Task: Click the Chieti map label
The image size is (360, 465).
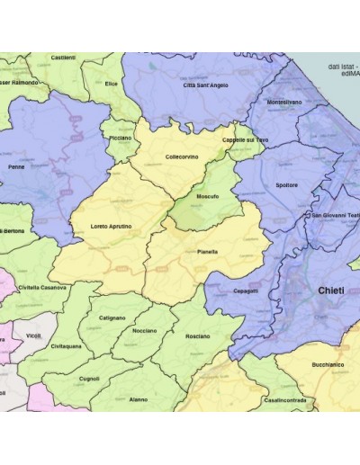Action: [x=330, y=291]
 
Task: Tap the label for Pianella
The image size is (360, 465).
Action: [x=207, y=253]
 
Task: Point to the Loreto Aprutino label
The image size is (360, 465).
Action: [x=112, y=226]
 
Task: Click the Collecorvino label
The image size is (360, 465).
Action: [x=182, y=156]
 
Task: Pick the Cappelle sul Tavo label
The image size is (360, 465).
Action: [x=245, y=140]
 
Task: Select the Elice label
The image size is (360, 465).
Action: [x=112, y=84]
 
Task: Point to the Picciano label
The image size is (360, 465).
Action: [x=120, y=139]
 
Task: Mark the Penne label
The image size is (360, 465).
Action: [x=16, y=166]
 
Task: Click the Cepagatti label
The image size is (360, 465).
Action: [x=245, y=291]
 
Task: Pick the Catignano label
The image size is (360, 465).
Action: [x=112, y=317]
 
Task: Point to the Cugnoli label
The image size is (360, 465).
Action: [x=89, y=379]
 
